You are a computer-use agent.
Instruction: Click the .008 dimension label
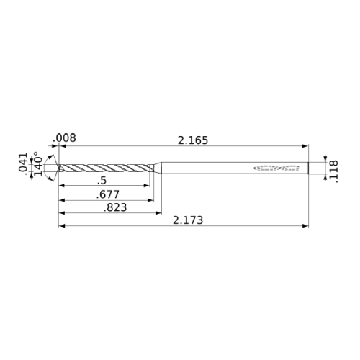[x=64, y=138]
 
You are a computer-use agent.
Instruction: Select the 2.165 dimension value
[x=193, y=140]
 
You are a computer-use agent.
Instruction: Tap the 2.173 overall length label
[x=188, y=220]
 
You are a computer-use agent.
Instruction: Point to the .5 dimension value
[x=102, y=181]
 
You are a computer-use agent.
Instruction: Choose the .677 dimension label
[x=108, y=194]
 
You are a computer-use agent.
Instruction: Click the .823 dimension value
[x=115, y=207]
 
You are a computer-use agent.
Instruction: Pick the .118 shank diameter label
[x=334, y=172]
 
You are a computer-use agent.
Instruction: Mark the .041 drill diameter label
[x=23, y=162]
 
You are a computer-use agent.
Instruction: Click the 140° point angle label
[x=37, y=163]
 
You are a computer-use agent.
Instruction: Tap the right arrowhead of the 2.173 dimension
[x=305, y=226]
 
